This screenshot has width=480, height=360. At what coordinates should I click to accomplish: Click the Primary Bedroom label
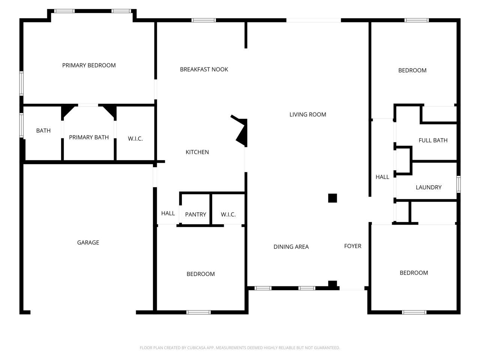89,65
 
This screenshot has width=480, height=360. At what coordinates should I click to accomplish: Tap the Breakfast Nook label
204,69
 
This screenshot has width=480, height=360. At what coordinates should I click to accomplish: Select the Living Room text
307,114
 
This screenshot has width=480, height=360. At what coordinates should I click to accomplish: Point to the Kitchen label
197,152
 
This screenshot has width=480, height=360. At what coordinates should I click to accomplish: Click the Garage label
88,242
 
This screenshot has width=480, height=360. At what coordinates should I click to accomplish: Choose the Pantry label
195,214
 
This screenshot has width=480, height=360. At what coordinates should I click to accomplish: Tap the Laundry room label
428,187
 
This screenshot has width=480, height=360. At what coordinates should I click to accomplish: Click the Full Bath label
433,140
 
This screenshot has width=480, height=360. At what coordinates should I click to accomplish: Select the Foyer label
352,246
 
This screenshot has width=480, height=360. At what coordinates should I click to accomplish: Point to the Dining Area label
291,247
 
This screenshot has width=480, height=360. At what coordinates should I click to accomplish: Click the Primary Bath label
89,137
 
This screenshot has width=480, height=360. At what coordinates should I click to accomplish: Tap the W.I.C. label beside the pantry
228,214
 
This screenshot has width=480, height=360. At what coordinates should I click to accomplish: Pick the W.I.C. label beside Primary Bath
135,139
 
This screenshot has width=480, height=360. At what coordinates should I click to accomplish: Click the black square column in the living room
332,198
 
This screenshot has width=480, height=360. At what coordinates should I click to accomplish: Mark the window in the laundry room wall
458,184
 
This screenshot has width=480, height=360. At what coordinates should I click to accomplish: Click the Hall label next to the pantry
168,213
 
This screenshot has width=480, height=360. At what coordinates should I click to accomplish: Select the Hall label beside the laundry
382,177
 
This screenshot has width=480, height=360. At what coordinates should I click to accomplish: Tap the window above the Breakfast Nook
204,20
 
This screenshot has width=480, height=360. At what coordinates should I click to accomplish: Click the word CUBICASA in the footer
196,348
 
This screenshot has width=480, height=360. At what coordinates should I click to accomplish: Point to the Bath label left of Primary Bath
43,131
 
